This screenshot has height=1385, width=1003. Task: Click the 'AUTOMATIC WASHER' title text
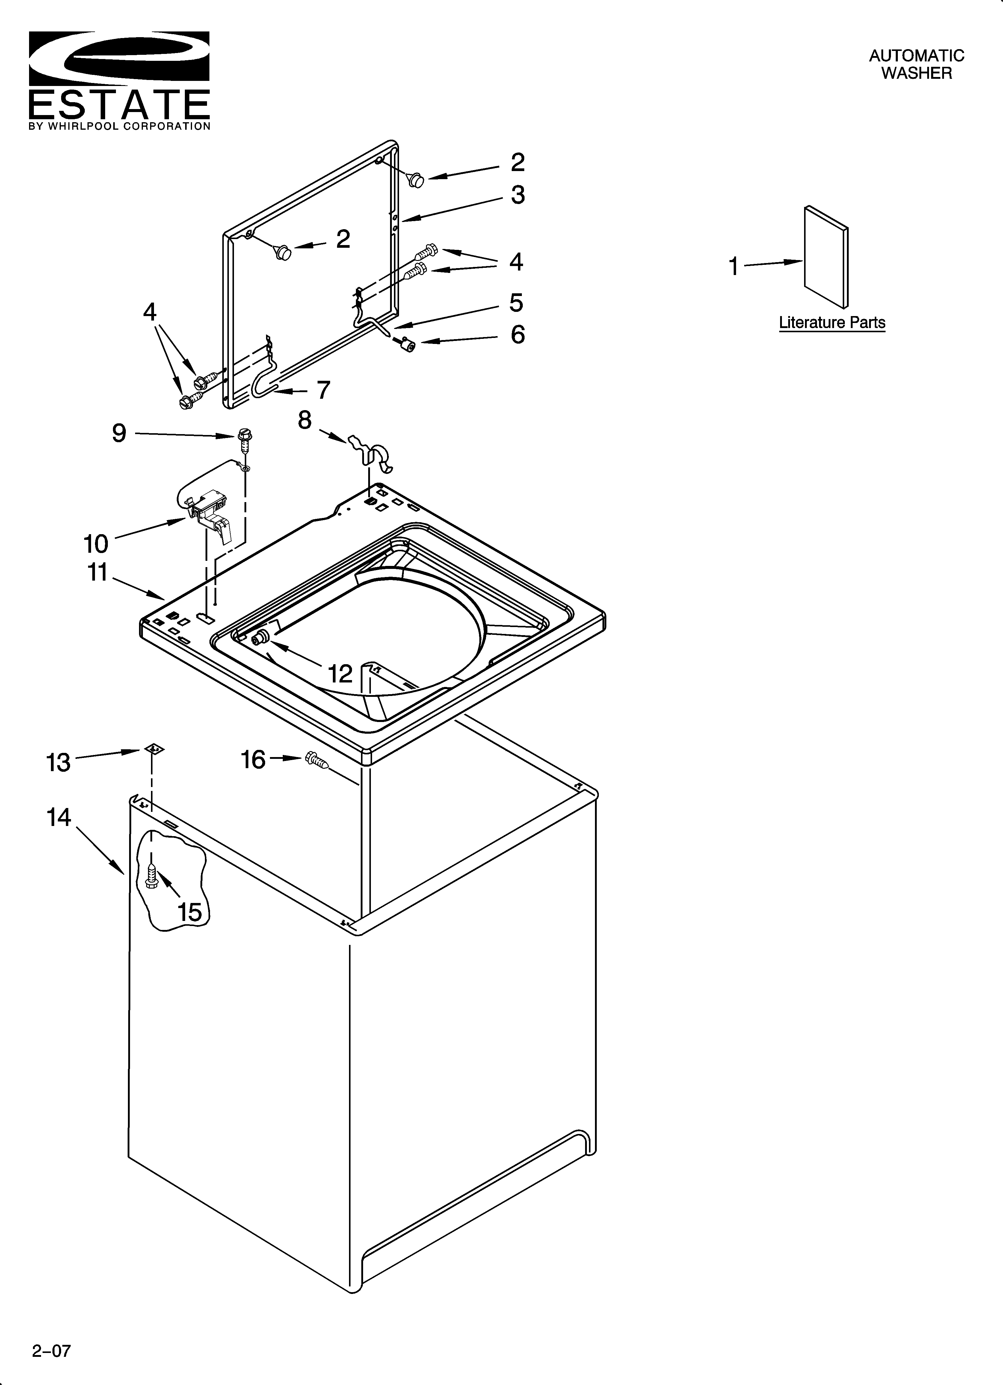coord(916,64)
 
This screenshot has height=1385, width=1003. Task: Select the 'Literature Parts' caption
coord(832,322)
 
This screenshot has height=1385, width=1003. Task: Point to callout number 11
coord(98,573)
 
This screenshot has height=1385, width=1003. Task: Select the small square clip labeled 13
coord(155,748)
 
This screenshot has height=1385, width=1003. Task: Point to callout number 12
coord(340,673)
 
